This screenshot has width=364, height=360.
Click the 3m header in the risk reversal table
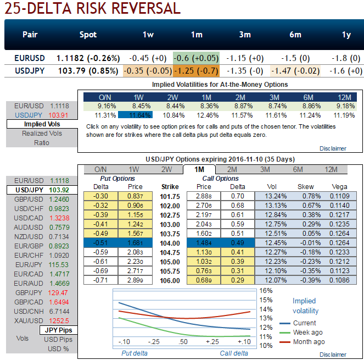pyautogui.click(x=245, y=35)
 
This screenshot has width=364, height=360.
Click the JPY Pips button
pyautogui.click(x=59, y=330)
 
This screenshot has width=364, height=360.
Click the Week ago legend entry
pyautogui.click(x=308, y=333)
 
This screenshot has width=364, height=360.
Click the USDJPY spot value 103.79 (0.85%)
pyautogui.click(x=87, y=71)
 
